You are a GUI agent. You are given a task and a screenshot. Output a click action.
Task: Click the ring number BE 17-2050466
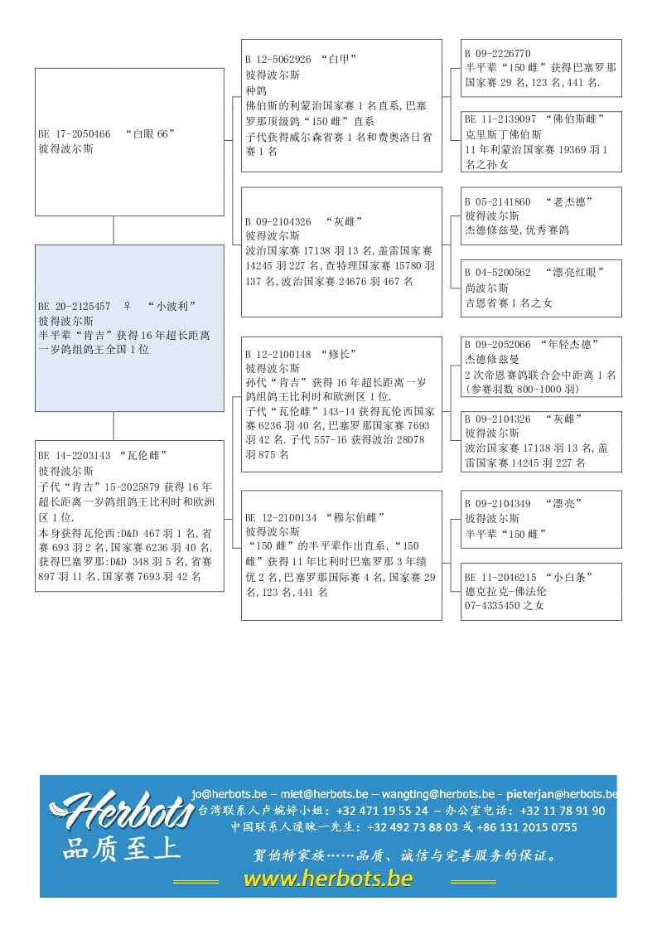75,134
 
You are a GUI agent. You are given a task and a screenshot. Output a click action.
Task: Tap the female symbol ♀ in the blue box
127,306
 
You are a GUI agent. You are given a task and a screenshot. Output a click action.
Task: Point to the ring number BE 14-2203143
75,455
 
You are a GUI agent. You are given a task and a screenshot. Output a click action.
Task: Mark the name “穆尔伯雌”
355,517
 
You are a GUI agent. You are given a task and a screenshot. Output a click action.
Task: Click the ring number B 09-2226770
498,54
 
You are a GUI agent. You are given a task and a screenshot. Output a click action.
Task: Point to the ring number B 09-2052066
498,344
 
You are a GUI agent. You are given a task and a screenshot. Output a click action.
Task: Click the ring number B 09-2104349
498,504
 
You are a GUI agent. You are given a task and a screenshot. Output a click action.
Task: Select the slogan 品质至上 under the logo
121,850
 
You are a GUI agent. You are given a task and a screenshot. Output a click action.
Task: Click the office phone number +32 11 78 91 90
563,811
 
